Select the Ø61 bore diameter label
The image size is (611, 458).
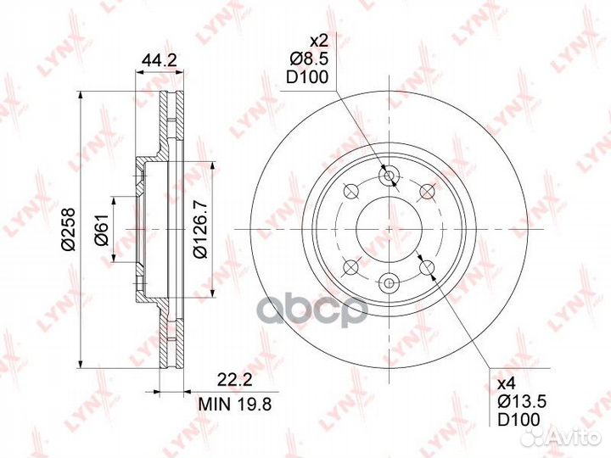click(x=103, y=230)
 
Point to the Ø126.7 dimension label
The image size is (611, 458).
click(x=201, y=230)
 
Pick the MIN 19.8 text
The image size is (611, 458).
click(x=235, y=404)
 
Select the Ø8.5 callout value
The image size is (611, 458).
click(x=309, y=59)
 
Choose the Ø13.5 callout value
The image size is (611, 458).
click(x=522, y=402)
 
